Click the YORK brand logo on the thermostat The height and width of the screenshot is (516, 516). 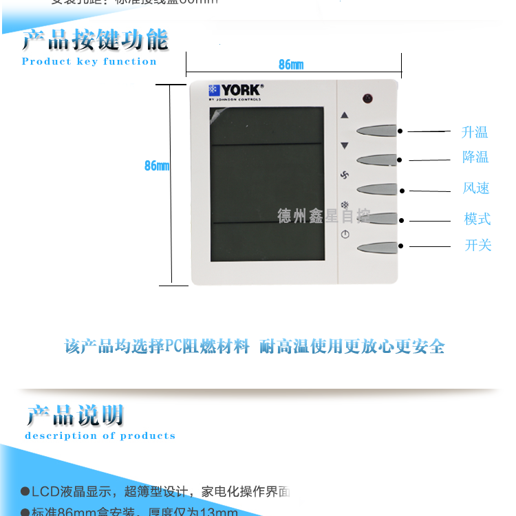tap(235, 91)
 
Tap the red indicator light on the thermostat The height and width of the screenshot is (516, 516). tap(367, 98)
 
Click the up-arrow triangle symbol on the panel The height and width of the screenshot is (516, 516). tap(345, 116)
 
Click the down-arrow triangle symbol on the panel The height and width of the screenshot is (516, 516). tap(345, 145)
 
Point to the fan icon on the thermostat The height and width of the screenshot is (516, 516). tap(345, 175)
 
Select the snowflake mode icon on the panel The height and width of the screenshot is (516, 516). tap(345, 205)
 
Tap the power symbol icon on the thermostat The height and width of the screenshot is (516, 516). tap(345, 234)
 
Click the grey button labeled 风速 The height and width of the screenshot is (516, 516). tap(376, 189)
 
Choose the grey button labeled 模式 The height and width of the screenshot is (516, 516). tap(376, 218)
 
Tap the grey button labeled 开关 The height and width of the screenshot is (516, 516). tap(376, 247)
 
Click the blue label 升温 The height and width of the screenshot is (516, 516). tap(475, 132)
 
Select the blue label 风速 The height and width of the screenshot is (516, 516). tap(476, 188)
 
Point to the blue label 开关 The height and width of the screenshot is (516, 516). tap(478, 245)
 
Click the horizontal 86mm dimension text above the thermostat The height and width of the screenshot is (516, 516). tap(291, 65)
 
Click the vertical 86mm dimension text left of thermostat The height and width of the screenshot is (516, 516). tap(157, 166)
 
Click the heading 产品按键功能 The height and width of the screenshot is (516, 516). tap(95, 40)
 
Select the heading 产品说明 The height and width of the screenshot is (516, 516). tap(75, 416)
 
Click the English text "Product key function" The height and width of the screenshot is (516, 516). tap(89, 61)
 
